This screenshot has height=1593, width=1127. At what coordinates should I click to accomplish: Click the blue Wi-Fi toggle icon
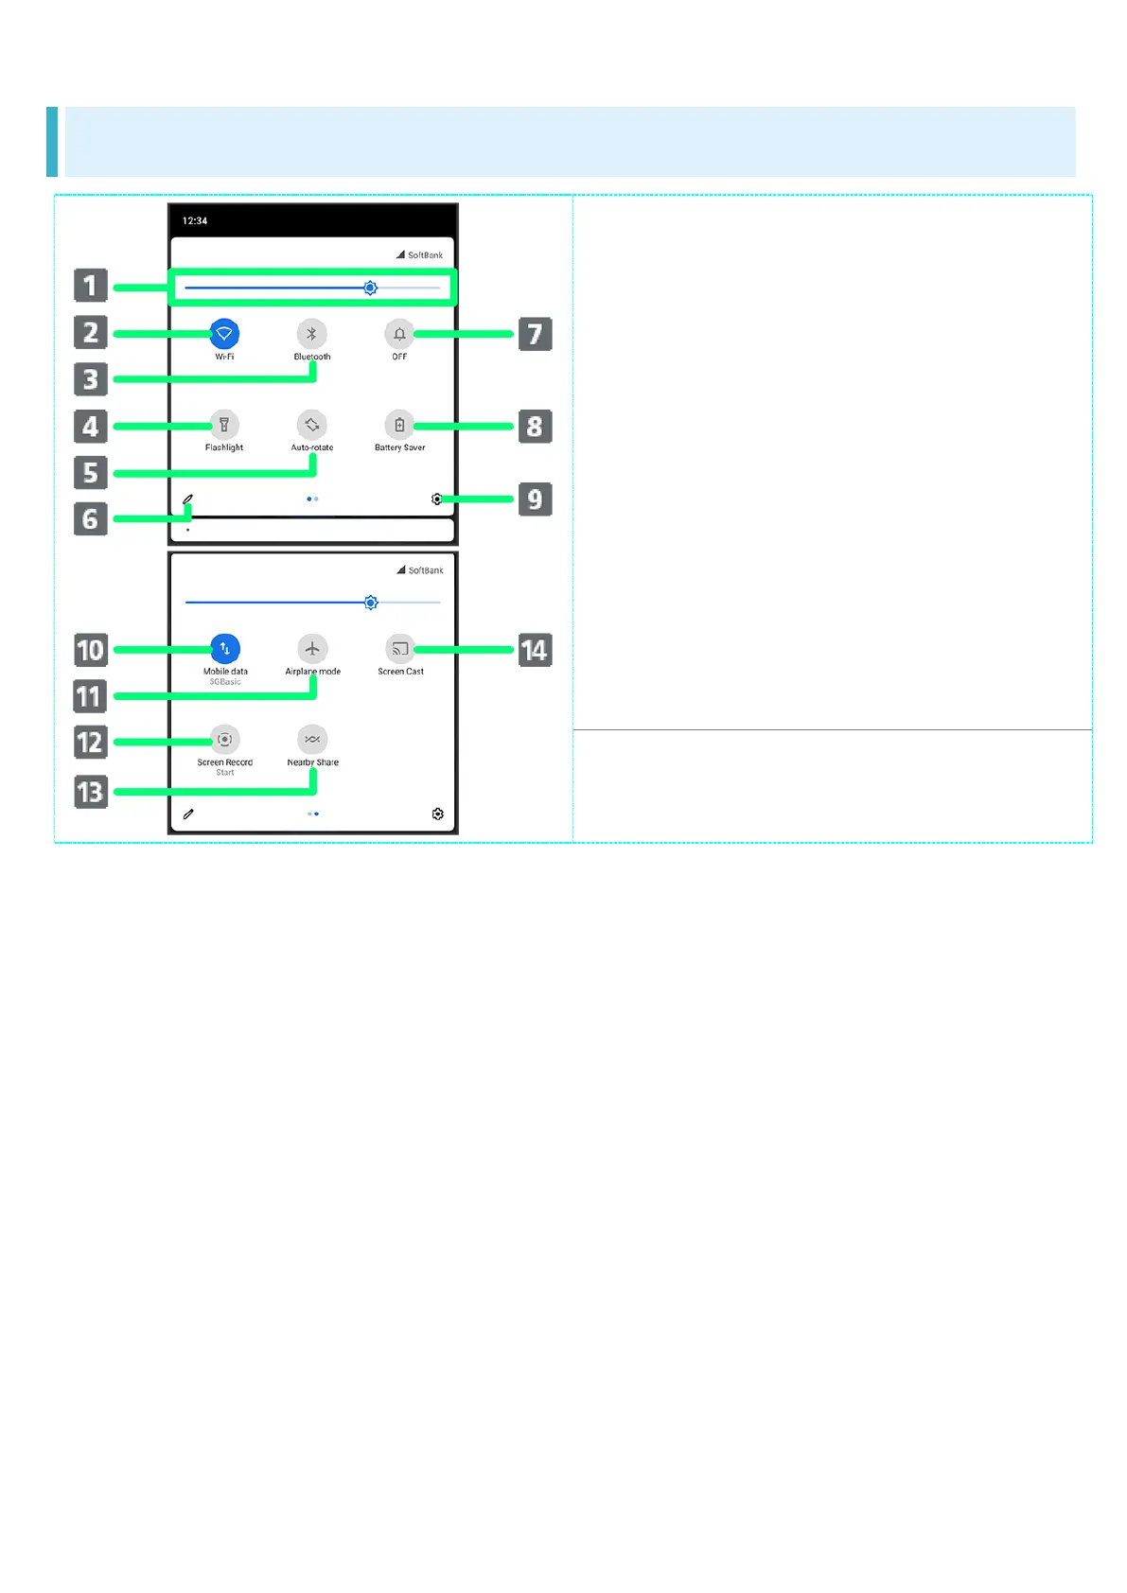coord(224,334)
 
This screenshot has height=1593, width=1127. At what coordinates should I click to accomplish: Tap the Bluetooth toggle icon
coord(312,334)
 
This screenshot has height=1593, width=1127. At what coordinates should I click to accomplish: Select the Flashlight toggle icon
coord(224,425)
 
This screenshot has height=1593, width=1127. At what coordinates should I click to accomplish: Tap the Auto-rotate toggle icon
coord(312,425)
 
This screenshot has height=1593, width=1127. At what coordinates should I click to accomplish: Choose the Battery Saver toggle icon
coord(399,425)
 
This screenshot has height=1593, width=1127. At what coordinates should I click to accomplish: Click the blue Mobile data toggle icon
coord(225,649)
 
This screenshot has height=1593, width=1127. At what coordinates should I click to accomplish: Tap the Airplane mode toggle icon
coord(312,649)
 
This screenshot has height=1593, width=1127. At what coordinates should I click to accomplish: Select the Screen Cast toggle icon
coord(400,649)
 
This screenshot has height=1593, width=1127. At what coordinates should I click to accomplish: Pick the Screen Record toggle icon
coord(225,740)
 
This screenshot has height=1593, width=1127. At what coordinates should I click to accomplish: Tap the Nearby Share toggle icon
coord(312,740)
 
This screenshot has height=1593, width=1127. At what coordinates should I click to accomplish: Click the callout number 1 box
coord(91,286)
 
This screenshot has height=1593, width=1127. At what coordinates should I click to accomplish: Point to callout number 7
coord(536,334)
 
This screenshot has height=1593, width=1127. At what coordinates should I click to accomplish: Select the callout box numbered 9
coord(536,499)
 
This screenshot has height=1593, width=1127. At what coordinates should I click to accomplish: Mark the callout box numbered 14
coord(536,651)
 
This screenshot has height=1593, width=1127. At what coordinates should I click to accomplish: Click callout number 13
coord(91,792)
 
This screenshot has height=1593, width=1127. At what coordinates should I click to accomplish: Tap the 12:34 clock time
coord(195,221)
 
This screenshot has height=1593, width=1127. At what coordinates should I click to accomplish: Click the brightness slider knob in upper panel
coord(371,288)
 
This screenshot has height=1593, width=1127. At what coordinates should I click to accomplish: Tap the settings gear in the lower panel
coord(437,814)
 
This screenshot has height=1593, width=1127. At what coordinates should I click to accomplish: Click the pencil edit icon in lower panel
coord(188,814)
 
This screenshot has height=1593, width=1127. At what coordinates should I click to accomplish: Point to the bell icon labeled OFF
coord(399,334)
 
